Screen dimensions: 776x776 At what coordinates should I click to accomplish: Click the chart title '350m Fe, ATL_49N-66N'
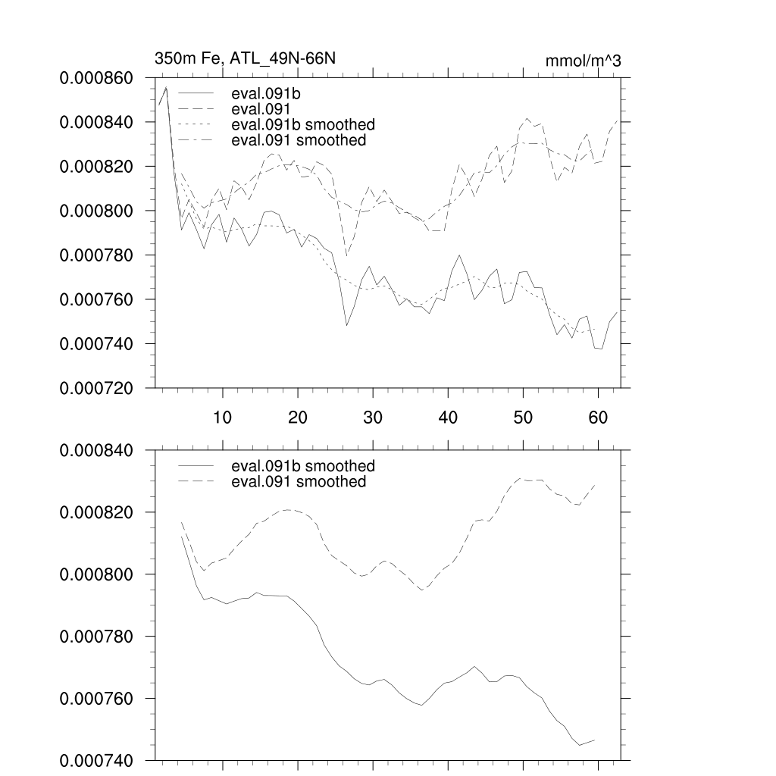click(x=245, y=58)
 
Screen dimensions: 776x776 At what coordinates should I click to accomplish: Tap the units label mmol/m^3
click(x=583, y=61)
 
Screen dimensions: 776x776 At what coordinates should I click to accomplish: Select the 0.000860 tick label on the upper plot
click(x=96, y=78)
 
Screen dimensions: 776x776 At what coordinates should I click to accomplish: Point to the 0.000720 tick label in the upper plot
click(x=96, y=388)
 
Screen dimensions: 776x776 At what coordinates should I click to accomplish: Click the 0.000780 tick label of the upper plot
click(x=96, y=255)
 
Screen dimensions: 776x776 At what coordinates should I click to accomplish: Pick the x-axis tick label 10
click(x=222, y=417)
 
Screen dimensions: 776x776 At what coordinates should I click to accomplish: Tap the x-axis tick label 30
click(x=372, y=417)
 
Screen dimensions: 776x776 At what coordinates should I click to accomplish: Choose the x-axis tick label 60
click(x=598, y=417)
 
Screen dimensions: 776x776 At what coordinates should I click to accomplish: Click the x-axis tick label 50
click(x=523, y=417)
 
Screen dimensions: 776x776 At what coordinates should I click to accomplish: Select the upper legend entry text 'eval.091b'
click(x=262, y=95)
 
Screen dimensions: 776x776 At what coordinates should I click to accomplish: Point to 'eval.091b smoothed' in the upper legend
click(x=303, y=124)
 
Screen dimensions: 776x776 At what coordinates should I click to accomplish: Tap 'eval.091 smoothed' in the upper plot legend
click(x=299, y=140)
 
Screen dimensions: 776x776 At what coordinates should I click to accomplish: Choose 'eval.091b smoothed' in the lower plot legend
click(x=303, y=465)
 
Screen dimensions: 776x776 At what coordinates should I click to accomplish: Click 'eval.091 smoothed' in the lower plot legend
click(x=299, y=481)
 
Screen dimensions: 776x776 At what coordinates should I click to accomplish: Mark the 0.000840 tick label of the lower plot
click(x=96, y=450)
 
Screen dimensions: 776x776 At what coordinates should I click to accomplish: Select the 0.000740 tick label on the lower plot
click(x=96, y=760)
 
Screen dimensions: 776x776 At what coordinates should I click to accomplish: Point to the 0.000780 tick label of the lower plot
click(x=96, y=637)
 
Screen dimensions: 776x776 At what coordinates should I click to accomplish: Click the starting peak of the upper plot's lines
click(x=166, y=88)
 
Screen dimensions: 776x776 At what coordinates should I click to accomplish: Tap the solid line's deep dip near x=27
click(x=347, y=325)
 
